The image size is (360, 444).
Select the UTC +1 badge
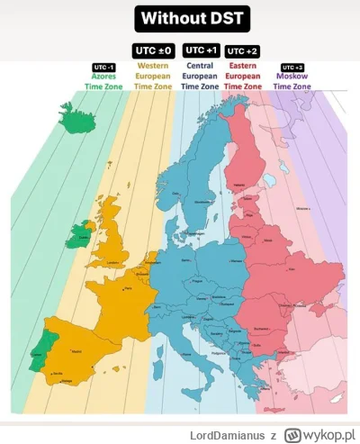(x=200, y=50)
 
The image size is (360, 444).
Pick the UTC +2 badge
(x=242, y=51)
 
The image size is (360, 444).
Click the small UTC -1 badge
(x=104, y=67)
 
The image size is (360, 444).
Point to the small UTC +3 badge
(x=292, y=68)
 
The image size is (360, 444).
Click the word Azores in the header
(x=104, y=77)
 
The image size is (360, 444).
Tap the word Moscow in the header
(x=292, y=77)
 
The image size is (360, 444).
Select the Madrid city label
(x=75, y=350)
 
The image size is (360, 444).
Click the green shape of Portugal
(x=38, y=351)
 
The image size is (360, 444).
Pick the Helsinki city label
(x=239, y=186)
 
